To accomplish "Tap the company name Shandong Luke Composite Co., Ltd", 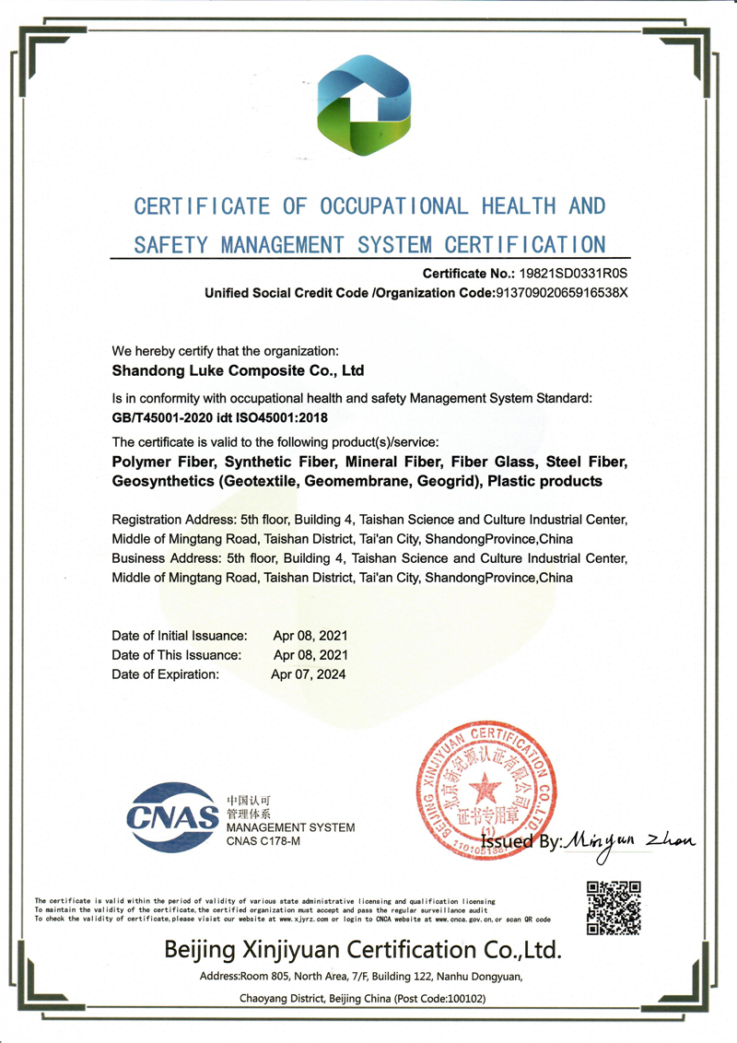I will tap(238, 371).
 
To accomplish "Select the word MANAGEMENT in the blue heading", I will tap(282, 245).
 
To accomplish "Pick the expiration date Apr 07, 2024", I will tap(309, 674).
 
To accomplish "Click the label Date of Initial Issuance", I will tap(180, 636).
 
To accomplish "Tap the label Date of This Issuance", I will tap(176, 655).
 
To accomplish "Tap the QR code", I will tap(613, 907).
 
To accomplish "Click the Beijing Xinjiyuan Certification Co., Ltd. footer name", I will tap(361, 948).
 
